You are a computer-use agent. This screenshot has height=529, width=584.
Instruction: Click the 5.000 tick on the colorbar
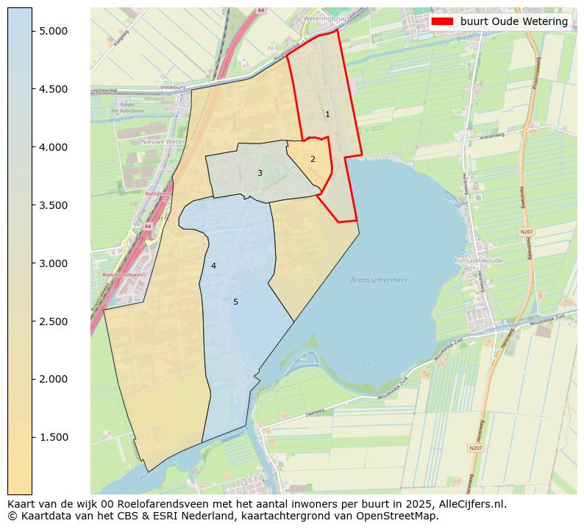pyautogui.click(x=54, y=31)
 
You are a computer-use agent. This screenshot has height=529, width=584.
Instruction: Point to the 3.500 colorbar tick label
pyautogui.click(x=54, y=205)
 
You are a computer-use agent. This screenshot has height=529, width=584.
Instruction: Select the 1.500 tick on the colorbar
pyautogui.click(x=54, y=437)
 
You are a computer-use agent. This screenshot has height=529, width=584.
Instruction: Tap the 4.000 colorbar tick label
pyautogui.click(x=54, y=147)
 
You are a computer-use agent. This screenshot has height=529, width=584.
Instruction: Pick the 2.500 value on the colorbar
pyautogui.click(x=54, y=322)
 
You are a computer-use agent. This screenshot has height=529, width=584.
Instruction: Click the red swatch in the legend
pyautogui.click(x=442, y=21)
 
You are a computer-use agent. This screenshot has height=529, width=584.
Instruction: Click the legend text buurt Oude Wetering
pyautogui.click(x=513, y=21)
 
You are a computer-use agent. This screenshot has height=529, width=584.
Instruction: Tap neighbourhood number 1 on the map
pyautogui.click(x=327, y=115)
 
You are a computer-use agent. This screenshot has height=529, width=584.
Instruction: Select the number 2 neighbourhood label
pyautogui.click(x=313, y=159)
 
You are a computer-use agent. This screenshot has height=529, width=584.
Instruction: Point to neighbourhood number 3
pyautogui.click(x=260, y=174)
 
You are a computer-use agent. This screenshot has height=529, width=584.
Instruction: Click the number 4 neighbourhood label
pyautogui.click(x=213, y=266)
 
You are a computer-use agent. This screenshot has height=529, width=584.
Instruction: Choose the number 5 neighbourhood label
pyautogui.click(x=235, y=302)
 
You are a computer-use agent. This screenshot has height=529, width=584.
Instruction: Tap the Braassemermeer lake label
pyautogui.click(x=379, y=280)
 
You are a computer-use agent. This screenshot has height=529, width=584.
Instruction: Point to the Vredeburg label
pyautogui.click(x=171, y=86)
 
